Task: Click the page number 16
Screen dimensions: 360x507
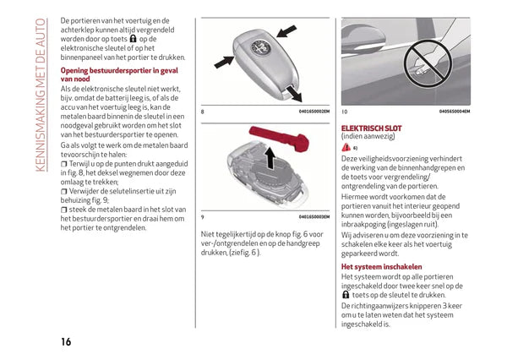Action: pos(66,341)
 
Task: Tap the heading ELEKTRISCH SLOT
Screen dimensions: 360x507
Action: pos(372,128)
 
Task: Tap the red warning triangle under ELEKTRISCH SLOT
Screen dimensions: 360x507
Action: pos(346,148)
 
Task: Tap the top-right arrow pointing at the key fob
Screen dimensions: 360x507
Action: pos(287,31)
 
